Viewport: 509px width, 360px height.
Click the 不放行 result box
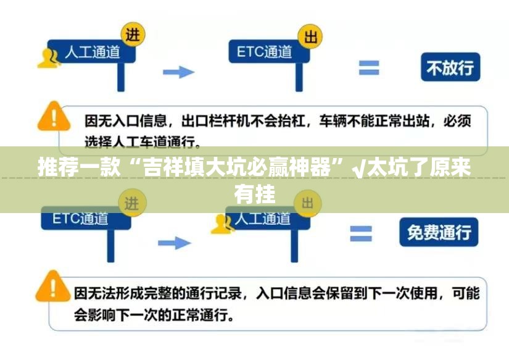point(450,68)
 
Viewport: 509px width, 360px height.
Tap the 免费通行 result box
point(439,232)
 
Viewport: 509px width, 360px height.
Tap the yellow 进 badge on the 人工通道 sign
point(132,35)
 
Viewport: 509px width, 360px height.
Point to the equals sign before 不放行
point(369,67)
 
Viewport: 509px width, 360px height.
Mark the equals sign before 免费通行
point(361,233)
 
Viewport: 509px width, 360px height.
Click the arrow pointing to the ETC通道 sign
point(178,72)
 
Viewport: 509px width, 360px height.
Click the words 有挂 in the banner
point(254,194)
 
